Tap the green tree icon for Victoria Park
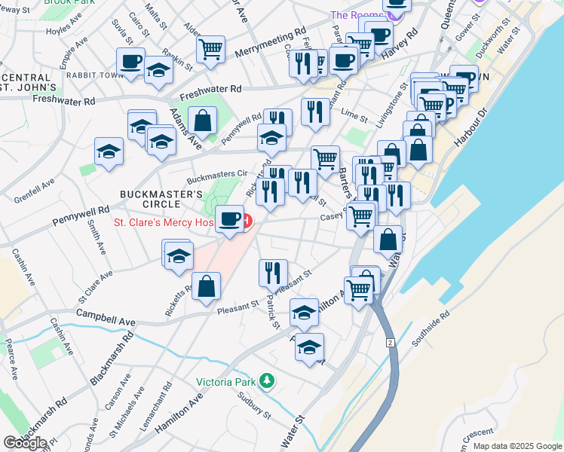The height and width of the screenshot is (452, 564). pos(265,381)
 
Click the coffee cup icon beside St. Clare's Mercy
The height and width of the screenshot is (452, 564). pos(230,219)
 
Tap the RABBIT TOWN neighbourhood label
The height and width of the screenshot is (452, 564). pos(94,75)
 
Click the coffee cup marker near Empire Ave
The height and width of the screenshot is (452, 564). pos(130,61)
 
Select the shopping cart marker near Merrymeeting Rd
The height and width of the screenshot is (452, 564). pos(210,49)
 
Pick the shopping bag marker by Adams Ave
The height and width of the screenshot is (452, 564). pos(202,119)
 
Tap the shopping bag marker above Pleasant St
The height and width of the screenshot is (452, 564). pos(206,286)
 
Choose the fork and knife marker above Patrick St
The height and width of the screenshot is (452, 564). pos(273,273)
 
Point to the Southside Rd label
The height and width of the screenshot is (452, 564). pos(434,323)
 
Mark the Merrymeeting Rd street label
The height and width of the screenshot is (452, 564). pos(270,43)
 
